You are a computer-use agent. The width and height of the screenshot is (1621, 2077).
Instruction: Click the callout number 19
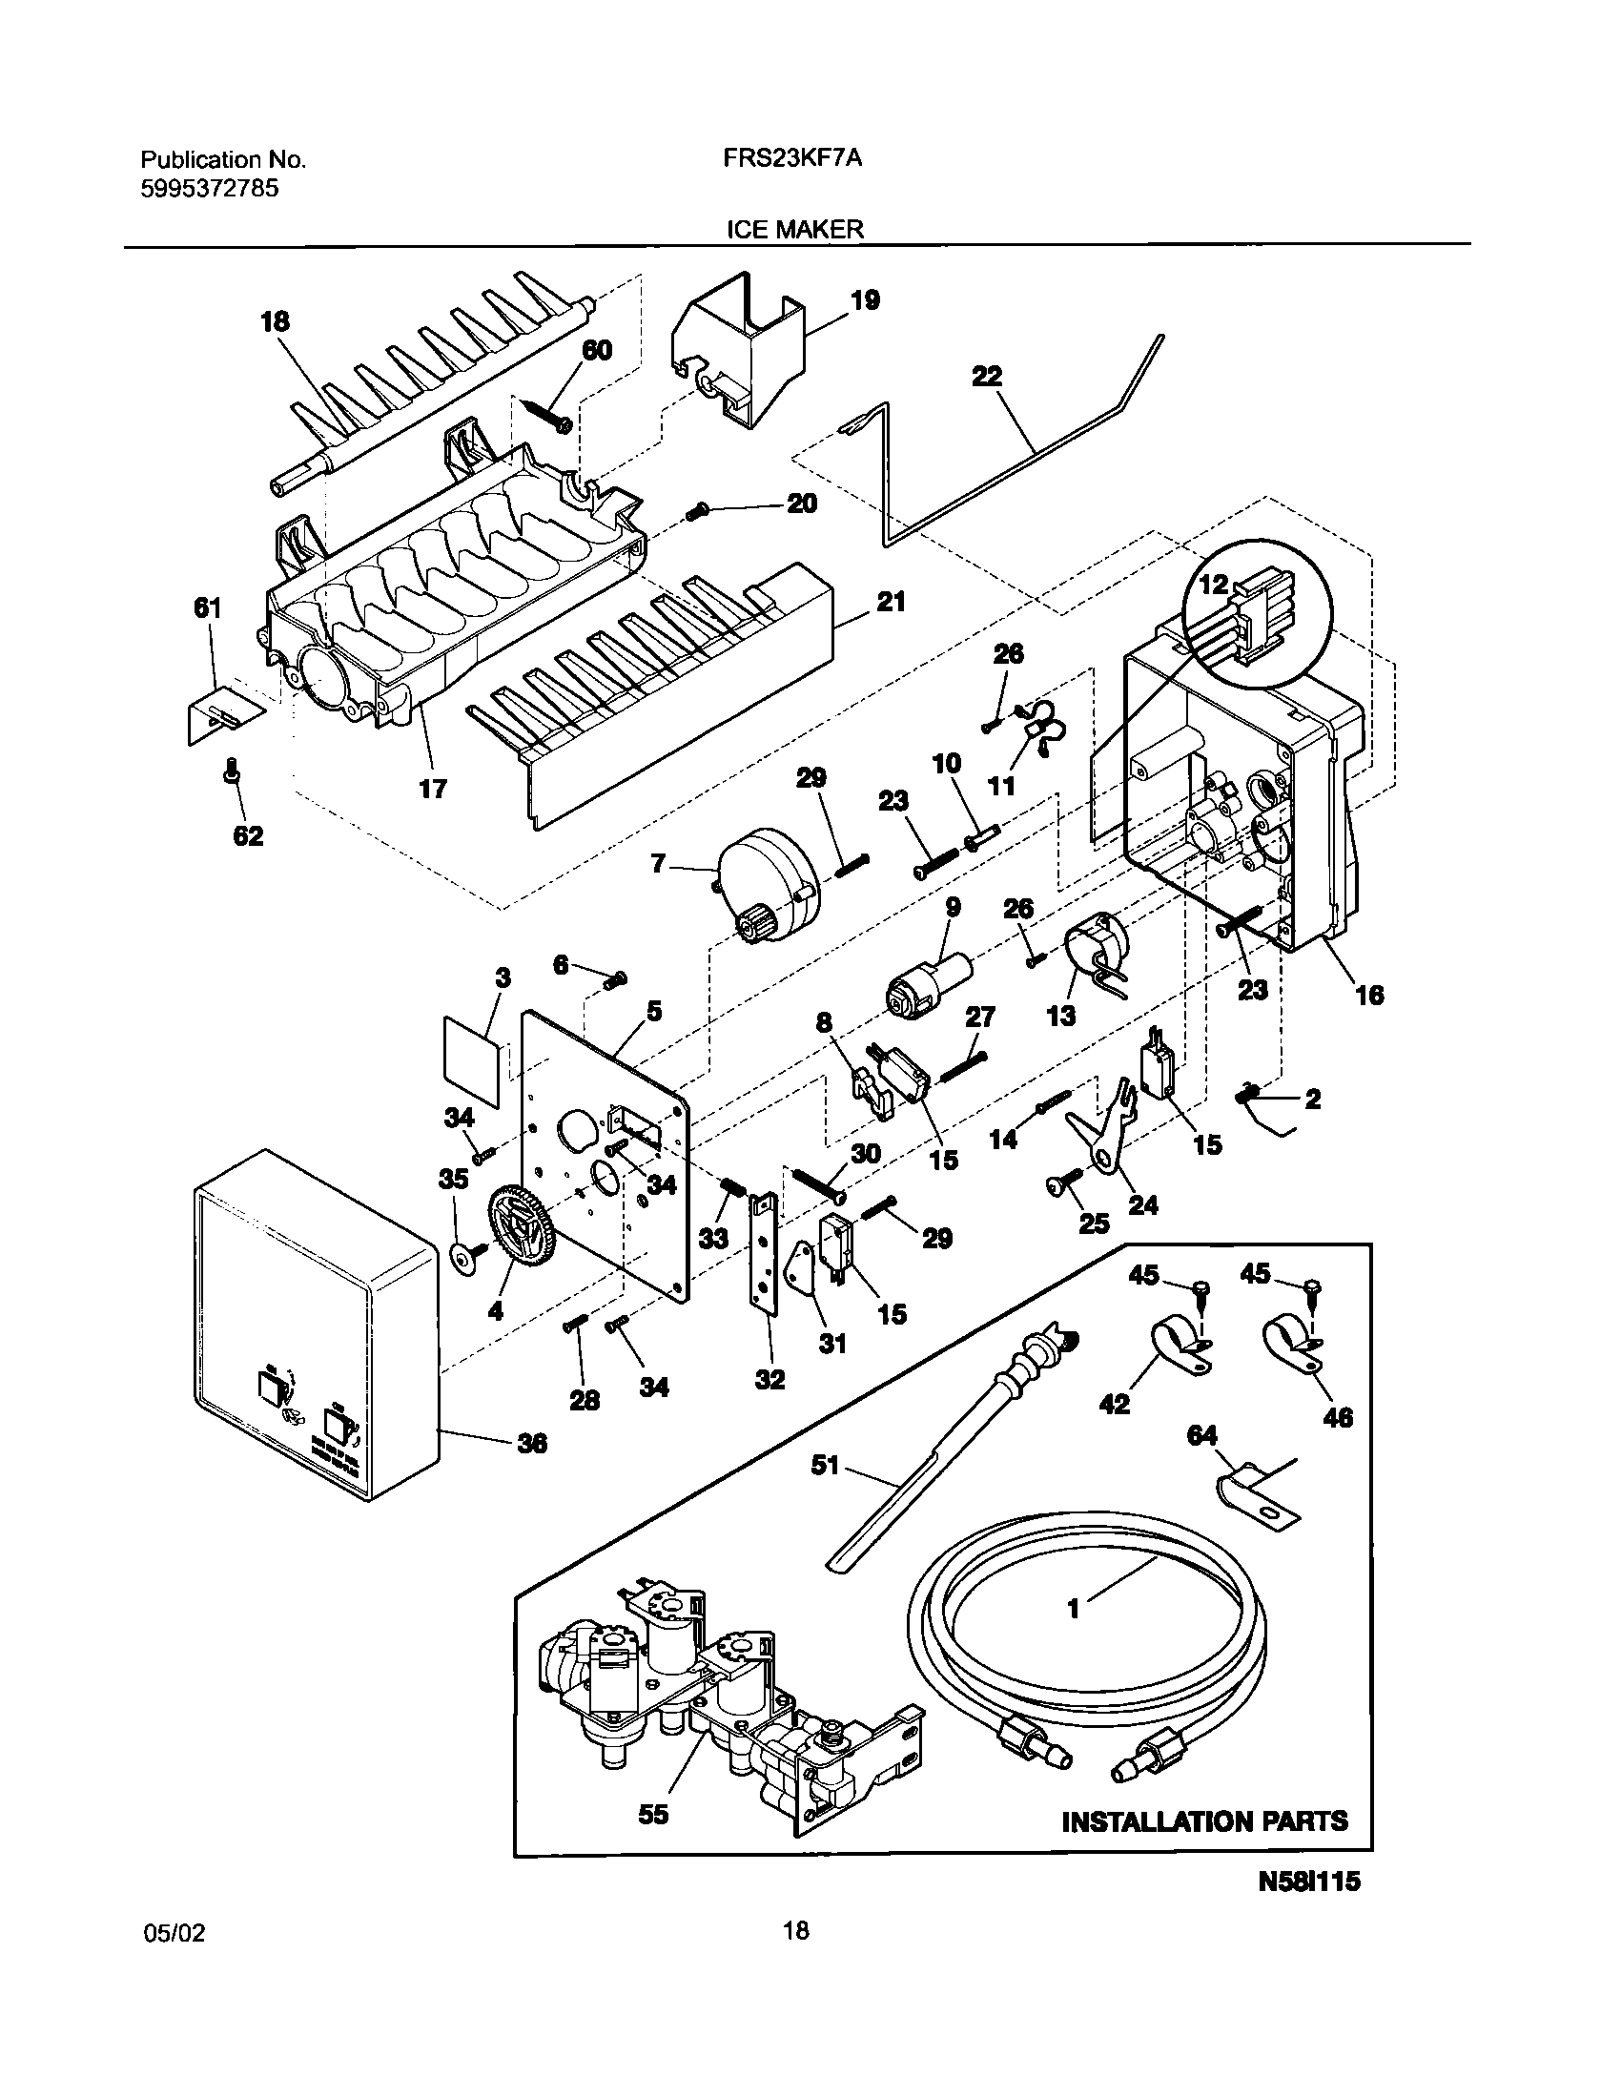click(x=865, y=301)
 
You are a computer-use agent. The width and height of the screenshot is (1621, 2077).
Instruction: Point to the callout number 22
click(x=987, y=377)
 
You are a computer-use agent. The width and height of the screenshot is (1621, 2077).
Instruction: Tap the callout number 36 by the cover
click(x=532, y=1444)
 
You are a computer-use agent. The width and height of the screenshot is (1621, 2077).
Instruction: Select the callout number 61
click(x=208, y=608)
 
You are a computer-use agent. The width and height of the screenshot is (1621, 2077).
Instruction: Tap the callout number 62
click(x=248, y=836)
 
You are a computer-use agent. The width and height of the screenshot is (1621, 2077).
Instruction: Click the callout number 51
click(x=825, y=1465)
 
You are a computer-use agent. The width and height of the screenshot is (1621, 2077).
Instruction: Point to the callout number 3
click(x=503, y=978)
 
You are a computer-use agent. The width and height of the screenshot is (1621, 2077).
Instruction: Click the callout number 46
click(x=1339, y=1418)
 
